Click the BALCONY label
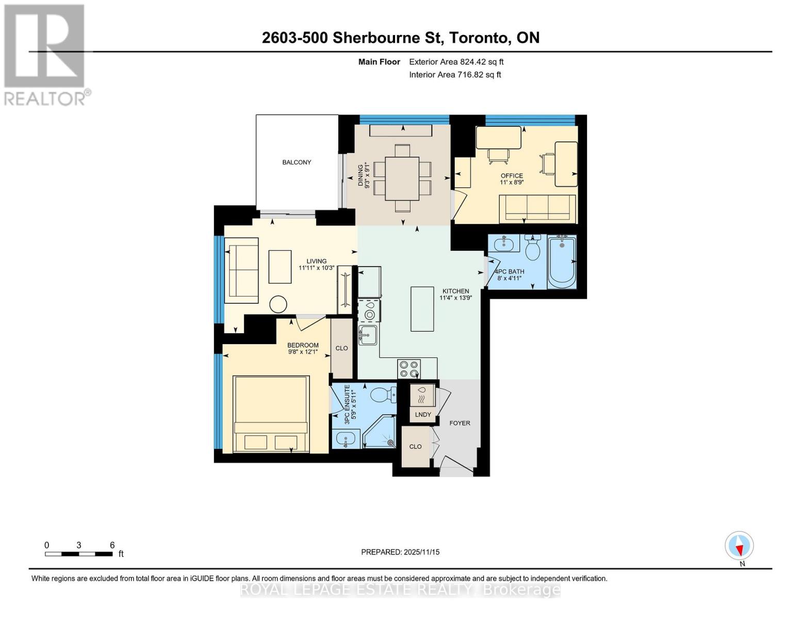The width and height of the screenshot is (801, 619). pyautogui.click(x=297, y=162)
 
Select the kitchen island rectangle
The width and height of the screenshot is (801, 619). pyautogui.click(x=422, y=308)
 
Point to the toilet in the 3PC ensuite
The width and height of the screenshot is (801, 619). pyautogui.click(x=384, y=396)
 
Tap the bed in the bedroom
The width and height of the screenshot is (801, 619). pyautogui.click(x=271, y=414)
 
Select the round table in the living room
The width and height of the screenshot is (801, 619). pyautogui.click(x=279, y=304)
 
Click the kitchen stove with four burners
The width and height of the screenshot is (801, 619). pyautogui.click(x=409, y=369)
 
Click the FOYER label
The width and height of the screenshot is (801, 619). pyautogui.click(x=460, y=423)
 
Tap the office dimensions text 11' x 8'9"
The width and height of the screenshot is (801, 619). pyautogui.click(x=512, y=182)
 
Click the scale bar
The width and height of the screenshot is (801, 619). pyautogui.click(x=79, y=554)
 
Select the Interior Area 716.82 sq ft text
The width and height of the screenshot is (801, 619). pyautogui.click(x=455, y=75)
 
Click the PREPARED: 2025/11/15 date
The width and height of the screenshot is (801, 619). pyautogui.click(x=400, y=552)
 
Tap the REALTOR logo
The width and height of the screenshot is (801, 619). pyautogui.click(x=45, y=54)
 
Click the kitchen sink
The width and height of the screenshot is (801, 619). pyautogui.click(x=368, y=335)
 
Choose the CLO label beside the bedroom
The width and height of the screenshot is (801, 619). pyautogui.click(x=341, y=348)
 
